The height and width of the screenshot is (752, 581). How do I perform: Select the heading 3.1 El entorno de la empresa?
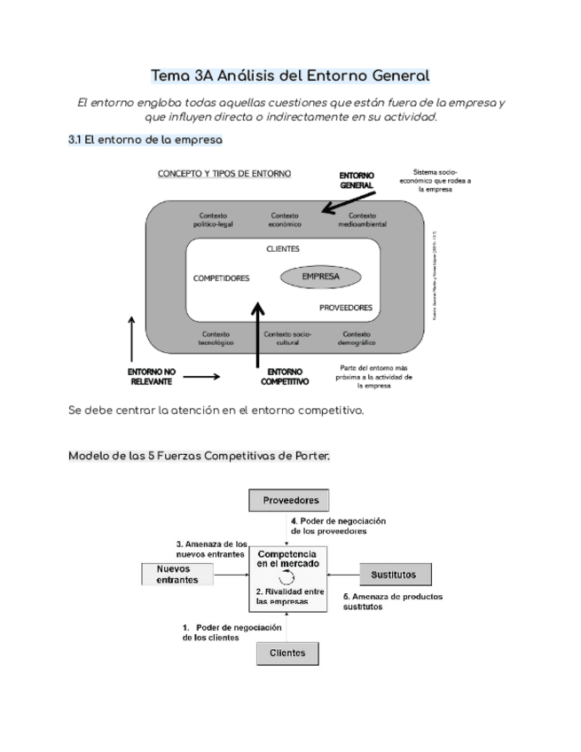tap(145, 140)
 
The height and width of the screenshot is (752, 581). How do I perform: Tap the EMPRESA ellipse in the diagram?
tap(321, 277)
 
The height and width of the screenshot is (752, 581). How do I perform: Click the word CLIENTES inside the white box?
tap(283, 249)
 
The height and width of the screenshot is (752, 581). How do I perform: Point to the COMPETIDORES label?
tap(221, 278)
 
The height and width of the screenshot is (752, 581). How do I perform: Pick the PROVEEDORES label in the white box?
tap(345, 308)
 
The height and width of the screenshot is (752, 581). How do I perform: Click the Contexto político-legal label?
tap(214, 220)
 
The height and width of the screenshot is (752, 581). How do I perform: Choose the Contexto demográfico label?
tap(357, 338)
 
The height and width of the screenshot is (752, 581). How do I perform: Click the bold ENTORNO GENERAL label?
tap(357, 181)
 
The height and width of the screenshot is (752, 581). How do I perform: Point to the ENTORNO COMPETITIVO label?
tap(285, 376)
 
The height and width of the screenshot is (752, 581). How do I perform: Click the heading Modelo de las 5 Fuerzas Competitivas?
tap(199, 455)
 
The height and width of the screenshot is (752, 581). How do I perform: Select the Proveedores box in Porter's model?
tap(290, 500)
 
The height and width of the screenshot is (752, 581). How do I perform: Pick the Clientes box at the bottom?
tap(287, 653)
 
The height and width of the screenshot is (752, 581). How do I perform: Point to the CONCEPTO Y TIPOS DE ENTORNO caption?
tap(224, 174)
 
